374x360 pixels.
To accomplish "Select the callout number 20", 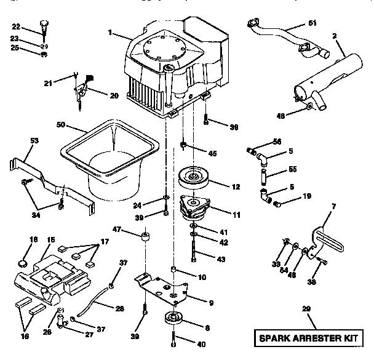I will coord(113,95).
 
